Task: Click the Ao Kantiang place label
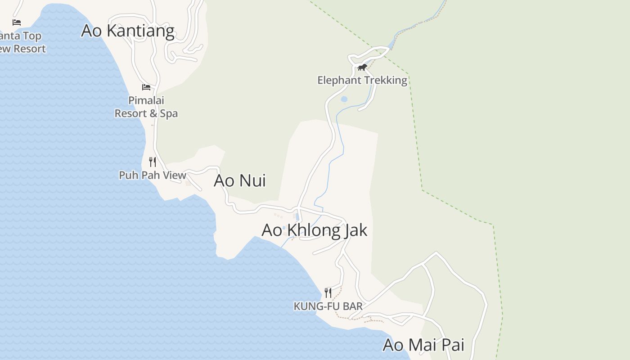[128, 31]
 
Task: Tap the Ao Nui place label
[240, 180]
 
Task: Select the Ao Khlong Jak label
[314, 230]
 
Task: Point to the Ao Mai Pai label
[423, 345]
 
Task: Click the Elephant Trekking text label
[362, 80]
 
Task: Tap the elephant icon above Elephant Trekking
[362, 67]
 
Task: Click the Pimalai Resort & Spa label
[146, 107]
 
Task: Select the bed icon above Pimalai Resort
[146, 87]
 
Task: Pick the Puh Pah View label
[153, 175]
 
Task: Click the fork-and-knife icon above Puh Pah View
[153, 162]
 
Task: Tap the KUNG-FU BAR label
[328, 306]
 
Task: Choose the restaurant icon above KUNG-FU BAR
[328, 293]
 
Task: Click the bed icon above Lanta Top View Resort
[17, 22]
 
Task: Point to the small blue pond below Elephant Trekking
[344, 99]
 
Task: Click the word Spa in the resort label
[169, 113]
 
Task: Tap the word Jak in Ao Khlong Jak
[355, 230]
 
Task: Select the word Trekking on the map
[385, 80]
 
